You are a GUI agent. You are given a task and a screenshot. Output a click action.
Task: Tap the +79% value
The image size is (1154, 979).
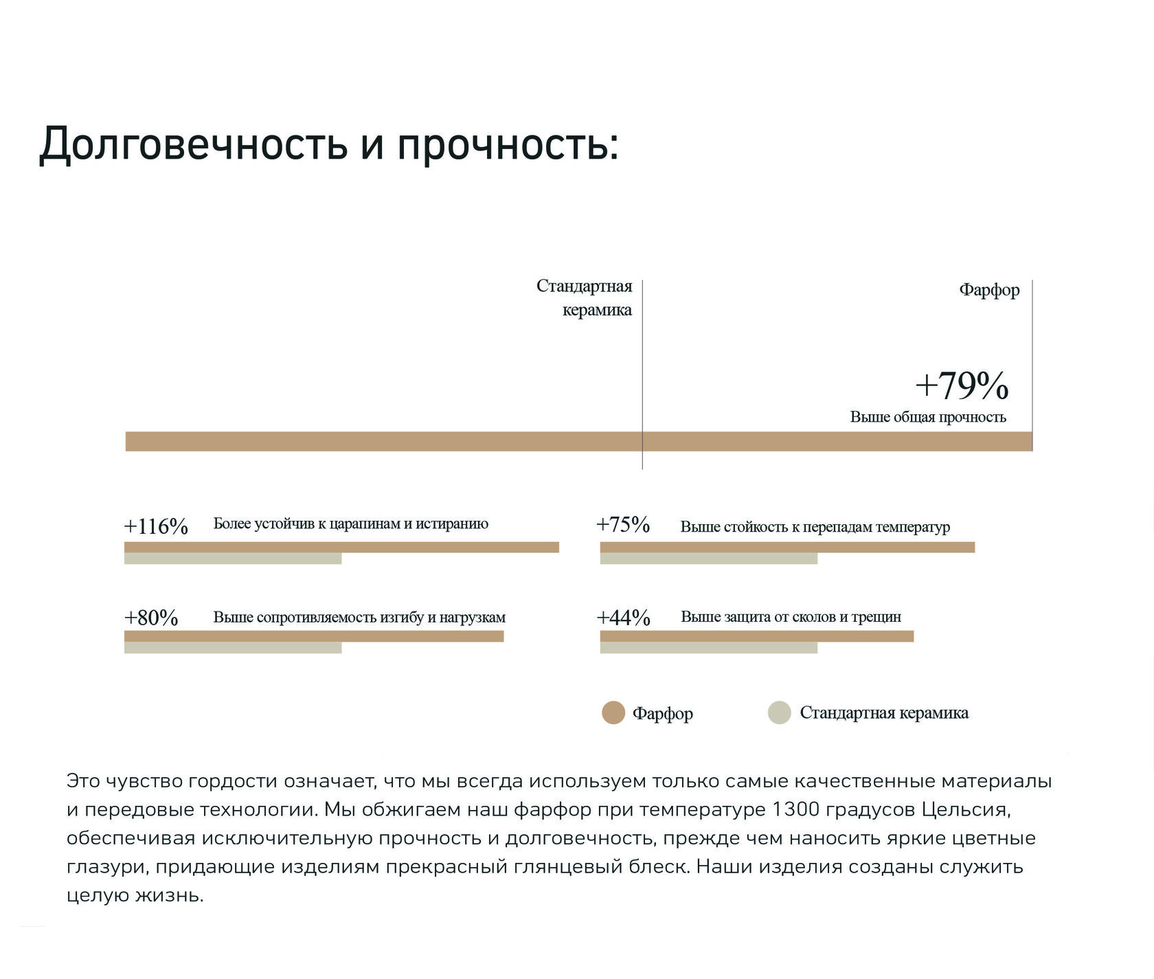(962, 385)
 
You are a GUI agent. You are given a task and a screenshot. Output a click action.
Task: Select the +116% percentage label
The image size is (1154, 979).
(156, 527)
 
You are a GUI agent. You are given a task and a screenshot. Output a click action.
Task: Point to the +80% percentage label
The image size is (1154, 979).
(151, 618)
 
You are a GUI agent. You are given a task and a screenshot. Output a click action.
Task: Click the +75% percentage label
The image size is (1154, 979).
(623, 525)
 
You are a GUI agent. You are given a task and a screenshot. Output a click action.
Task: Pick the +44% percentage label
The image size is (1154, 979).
(623, 618)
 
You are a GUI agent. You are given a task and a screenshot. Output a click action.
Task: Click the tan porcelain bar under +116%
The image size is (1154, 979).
(341, 547)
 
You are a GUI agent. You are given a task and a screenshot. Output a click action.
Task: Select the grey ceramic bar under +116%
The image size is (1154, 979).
(232, 559)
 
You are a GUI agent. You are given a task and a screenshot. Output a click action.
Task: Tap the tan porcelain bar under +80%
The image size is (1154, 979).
(314, 636)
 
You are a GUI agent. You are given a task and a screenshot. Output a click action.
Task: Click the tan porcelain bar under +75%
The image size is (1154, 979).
(787, 547)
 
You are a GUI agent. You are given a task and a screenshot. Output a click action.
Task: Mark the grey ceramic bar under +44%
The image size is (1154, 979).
(708, 648)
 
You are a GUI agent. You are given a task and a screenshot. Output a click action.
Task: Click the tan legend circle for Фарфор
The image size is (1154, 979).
(613, 712)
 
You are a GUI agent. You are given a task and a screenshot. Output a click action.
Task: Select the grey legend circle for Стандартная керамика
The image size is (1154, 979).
(780, 712)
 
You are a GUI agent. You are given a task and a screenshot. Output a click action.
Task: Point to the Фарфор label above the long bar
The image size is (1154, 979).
(989, 290)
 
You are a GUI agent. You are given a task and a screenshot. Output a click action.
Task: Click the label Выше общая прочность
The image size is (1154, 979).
(928, 417)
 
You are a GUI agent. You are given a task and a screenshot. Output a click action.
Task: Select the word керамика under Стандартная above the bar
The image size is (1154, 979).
(597, 310)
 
